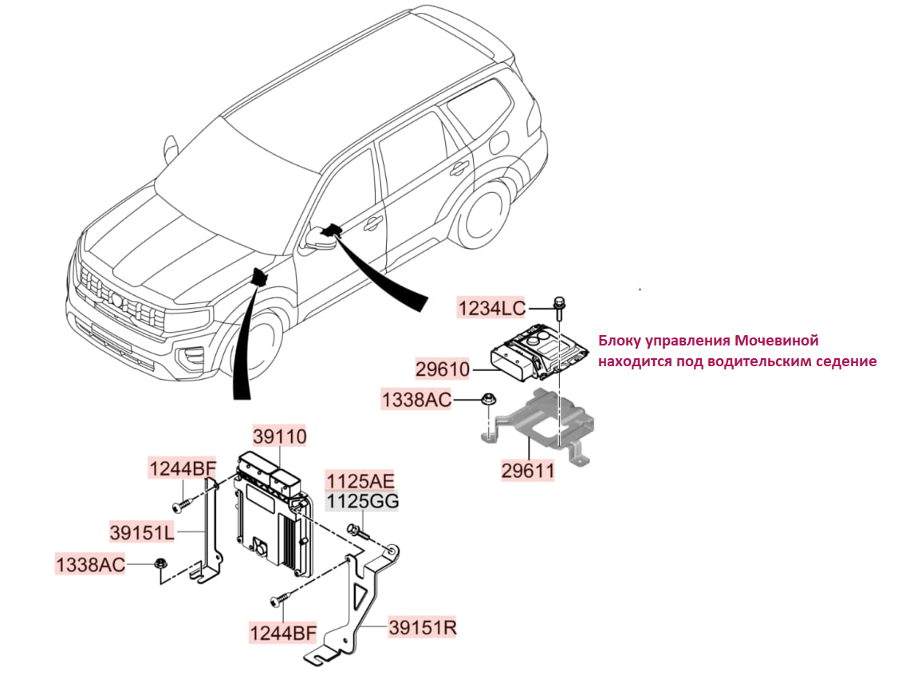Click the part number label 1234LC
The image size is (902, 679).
point(490,306)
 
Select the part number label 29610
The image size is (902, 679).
point(442,369)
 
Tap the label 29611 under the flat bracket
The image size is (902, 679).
point(528,471)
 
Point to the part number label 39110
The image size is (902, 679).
point(280,437)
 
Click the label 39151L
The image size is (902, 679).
point(143,530)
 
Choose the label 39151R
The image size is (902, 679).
point(423,627)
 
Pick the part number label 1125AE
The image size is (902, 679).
point(360,480)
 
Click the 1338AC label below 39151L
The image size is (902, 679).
point(90,565)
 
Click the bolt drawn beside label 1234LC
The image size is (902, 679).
point(559,304)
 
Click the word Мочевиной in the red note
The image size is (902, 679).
point(778,341)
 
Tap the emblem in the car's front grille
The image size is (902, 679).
point(116,300)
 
